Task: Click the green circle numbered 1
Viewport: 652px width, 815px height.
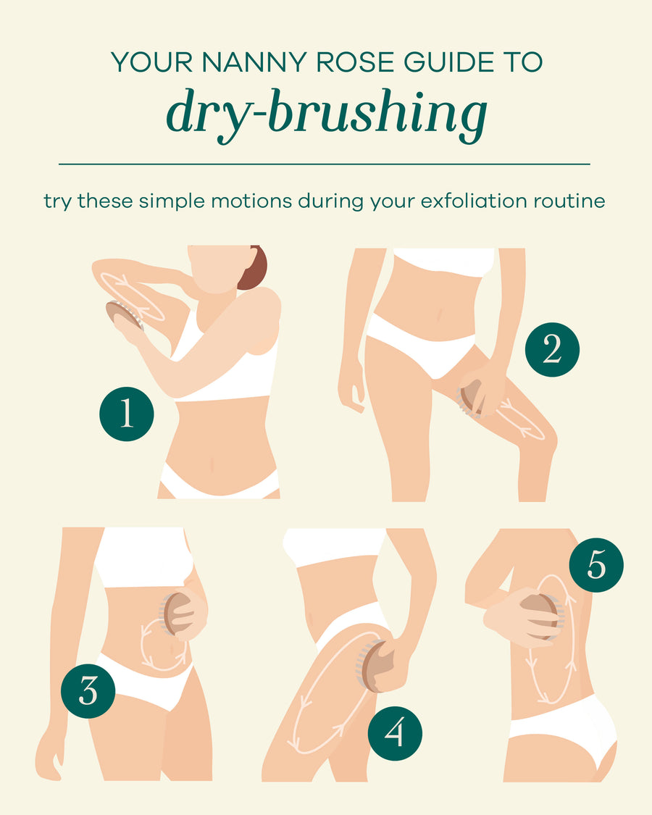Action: tap(127, 414)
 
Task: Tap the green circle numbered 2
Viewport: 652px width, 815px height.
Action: tap(552, 350)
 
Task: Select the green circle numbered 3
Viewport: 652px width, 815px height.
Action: tap(88, 690)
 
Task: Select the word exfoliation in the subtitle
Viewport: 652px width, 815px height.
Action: tap(485, 201)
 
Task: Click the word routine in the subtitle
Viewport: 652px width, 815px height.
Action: tap(572, 201)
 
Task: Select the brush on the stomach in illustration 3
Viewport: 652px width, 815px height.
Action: tap(177, 613)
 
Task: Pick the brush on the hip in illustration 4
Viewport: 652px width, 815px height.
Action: tap(373, 665)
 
